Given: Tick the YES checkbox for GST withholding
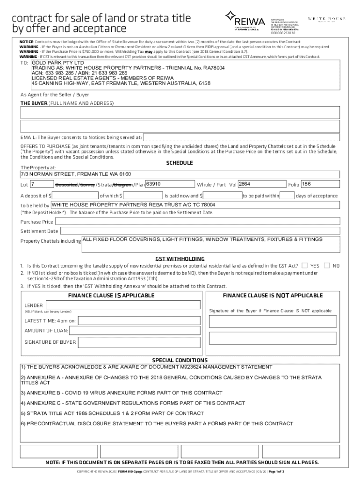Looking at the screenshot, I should [x=304, y=266].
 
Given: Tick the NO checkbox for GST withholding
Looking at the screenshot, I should [x=326, y=266].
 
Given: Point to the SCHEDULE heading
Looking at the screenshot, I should [x=180, y=163].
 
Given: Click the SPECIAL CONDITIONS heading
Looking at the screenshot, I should [x=180, y=361].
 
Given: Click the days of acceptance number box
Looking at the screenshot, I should [x=287, y=195].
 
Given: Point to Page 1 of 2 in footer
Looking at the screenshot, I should [x=276, y=472].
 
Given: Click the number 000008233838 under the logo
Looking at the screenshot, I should [x=284, y=33].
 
